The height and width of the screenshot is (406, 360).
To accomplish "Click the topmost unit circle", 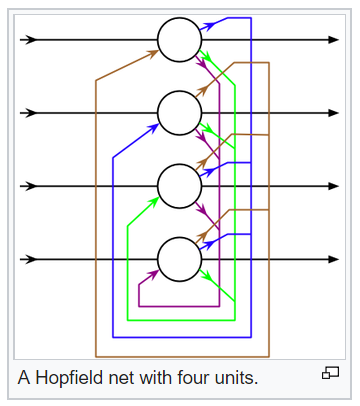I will [180, 40].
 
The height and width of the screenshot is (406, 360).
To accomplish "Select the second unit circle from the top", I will [180, 113].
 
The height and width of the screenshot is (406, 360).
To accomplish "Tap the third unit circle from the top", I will [180, 186].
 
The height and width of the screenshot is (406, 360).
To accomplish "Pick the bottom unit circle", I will [180, 259].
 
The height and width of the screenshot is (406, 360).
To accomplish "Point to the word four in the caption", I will [184, 378].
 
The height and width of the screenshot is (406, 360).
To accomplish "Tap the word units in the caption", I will [231, 378].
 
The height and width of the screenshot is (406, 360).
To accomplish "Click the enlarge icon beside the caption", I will [331, 374].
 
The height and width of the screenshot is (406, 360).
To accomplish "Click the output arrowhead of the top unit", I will [333, 40].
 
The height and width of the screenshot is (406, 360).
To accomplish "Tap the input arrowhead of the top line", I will [31, 40].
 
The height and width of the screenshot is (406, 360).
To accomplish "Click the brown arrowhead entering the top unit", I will [153, 52].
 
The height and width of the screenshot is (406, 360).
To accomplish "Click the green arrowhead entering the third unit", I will [154, 199].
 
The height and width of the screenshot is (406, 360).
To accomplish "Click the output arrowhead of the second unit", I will [333, 113].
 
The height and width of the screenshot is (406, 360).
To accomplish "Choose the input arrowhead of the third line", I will [31, 186].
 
